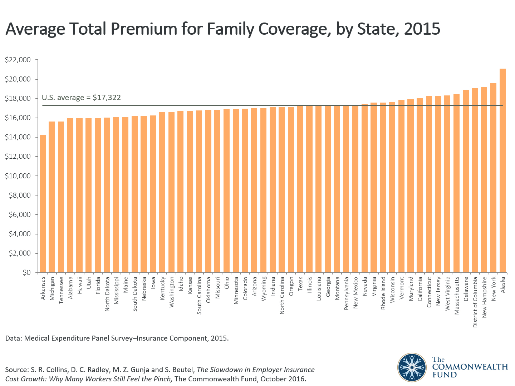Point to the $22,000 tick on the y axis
pos(18,60)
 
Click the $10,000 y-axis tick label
pos(18,176)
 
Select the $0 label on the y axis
pos(26,273)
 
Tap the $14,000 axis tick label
pos(18,137)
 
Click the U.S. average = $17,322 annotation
pos(81,98)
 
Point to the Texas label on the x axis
pos(300,284)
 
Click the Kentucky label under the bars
pos(162,288)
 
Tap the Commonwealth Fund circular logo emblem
pos(412,367)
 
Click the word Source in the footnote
pos(16,370)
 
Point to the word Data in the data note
pos(13,338)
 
